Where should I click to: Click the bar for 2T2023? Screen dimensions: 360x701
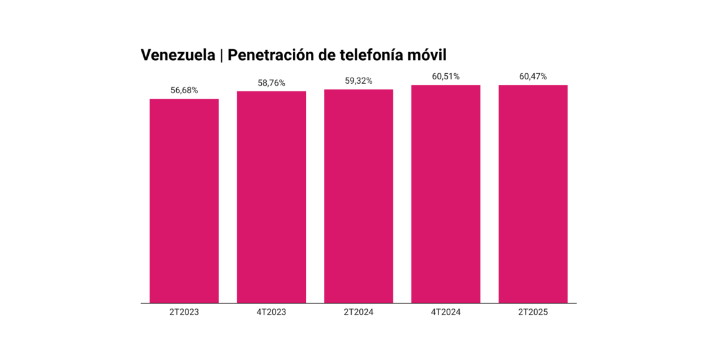[x=184, y=200]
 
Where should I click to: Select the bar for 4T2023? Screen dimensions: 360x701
[x=271, y=197]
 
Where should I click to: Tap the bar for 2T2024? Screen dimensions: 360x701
[x=359, y=196]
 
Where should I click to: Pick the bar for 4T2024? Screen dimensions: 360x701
[x=445, y=194]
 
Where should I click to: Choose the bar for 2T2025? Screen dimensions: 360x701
[x=533, y=194]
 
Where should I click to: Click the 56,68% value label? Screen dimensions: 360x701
[x=184, y=90]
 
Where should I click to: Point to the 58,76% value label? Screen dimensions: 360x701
[x=271, y=83]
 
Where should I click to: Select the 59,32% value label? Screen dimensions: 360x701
[x=359, y=81]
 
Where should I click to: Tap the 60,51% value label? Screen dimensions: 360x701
[x=445, y=76]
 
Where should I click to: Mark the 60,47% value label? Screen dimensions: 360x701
[x=533, y=76]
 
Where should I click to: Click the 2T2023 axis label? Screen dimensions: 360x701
[x=184, y=312]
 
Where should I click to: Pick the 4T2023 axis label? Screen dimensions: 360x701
[x=271, y=312]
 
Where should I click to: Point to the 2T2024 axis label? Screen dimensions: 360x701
[x=359, y=312]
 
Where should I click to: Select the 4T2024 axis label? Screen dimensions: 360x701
[x=445, y=312]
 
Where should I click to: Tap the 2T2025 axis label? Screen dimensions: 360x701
[x=533, y=312]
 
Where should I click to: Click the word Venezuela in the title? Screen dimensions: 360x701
[x=177, y=55]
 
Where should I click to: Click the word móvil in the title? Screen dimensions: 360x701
[x=428, y=55]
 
